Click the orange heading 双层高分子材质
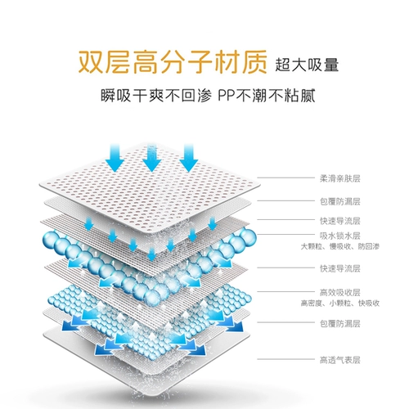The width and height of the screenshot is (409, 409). tap(173, 62)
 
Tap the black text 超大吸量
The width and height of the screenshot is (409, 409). tap(307, 65)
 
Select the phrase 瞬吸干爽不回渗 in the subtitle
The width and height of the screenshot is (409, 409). tap(156, 96)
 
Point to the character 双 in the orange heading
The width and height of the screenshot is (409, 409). tap(91, 62)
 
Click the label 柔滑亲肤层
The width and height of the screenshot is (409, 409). tap(340, 178)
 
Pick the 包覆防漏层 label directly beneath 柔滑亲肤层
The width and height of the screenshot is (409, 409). tap(340, 201)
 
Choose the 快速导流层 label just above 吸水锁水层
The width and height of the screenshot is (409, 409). tap(340, 221)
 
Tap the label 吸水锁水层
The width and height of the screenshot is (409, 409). tap(340, 236)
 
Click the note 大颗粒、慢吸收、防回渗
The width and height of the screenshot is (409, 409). tap(340, 246)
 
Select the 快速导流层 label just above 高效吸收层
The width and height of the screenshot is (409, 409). tap(340, 268)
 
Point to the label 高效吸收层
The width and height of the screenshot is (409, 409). tap(340, 293)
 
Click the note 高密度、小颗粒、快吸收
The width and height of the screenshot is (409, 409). tap(340, 303)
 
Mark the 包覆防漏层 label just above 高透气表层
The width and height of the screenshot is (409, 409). tap(340, 323)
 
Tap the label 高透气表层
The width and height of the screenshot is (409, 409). tap(340, 360)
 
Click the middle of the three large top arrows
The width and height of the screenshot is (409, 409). tap(152, 158)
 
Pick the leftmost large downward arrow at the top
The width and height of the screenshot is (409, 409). tap(115, 158)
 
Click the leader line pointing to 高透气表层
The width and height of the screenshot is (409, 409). tap(285, 359)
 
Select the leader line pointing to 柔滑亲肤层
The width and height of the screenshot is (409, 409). tap(285, 178)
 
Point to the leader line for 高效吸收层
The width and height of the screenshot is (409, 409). tap(285, 292)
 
